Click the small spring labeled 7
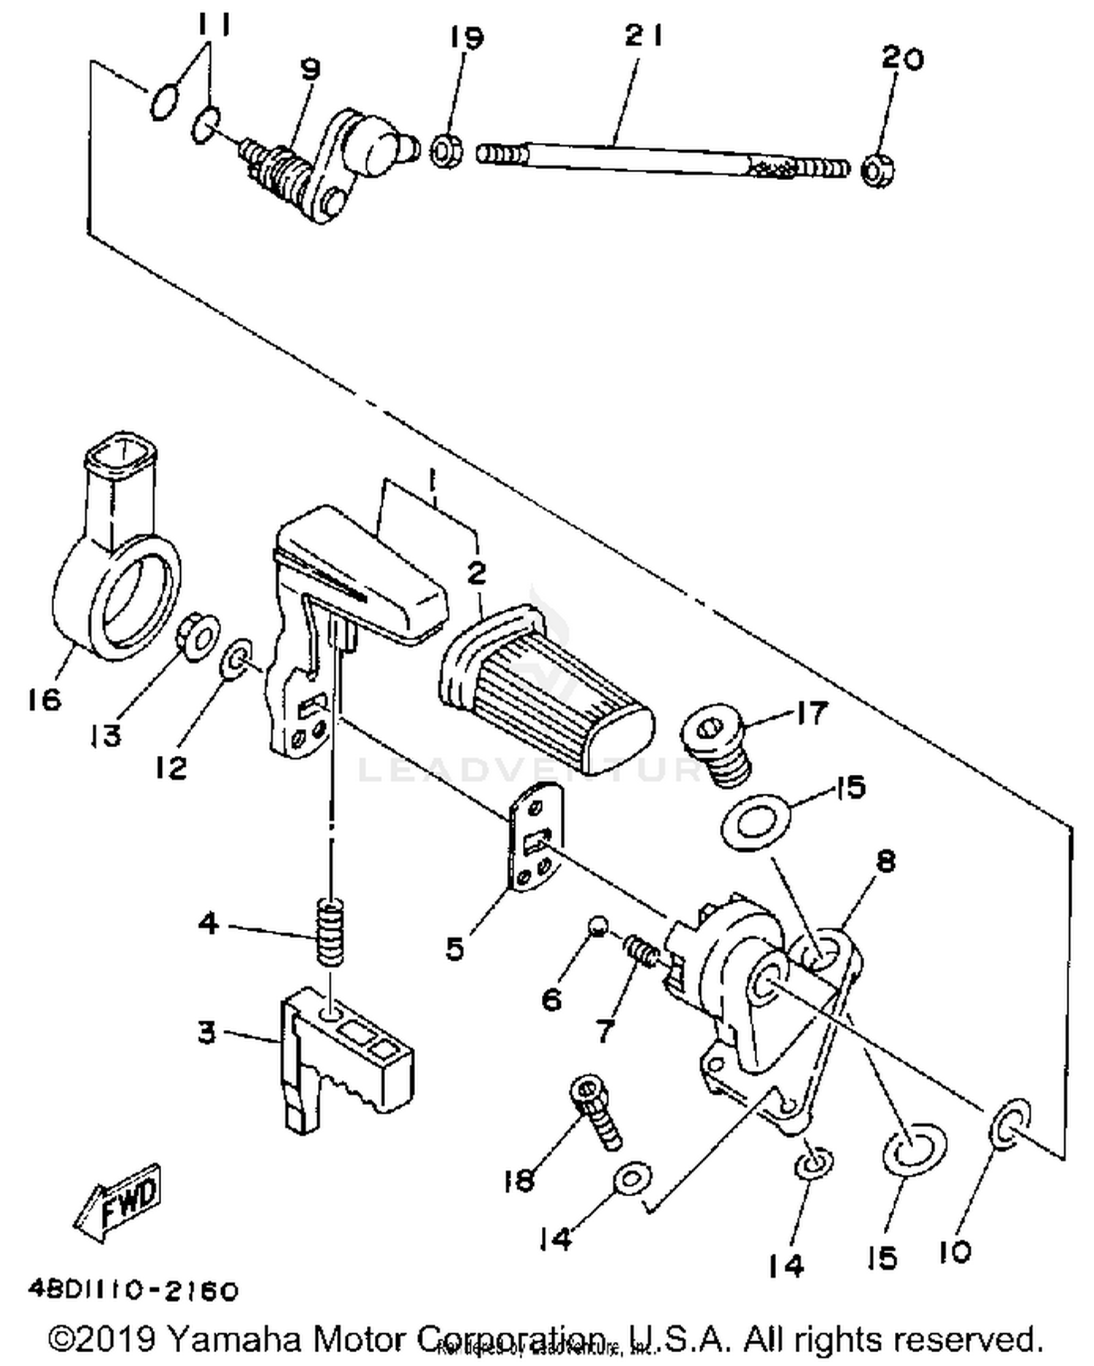coord(642,951)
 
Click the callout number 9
coord(310,69)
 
